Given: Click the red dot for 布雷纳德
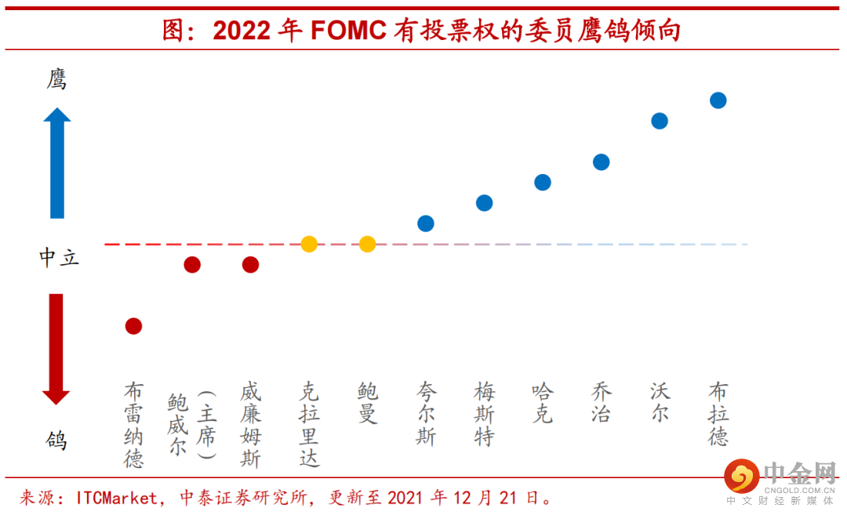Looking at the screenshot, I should [133, 326].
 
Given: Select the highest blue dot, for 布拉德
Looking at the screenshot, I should [718, 100].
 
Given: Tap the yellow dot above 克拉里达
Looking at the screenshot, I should [309, 244].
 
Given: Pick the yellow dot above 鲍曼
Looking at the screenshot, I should [367, 244].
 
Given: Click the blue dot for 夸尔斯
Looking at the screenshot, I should [426, 223].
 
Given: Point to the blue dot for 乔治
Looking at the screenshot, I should [601, 162].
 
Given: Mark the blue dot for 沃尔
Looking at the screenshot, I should [660, 121].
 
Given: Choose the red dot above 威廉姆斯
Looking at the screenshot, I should [250, 265].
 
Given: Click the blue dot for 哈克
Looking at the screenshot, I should [543, 183].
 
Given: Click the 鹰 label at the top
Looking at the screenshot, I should [56, 79].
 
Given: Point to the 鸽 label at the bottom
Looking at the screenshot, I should [56, 441].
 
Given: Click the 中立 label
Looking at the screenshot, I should [60, 257].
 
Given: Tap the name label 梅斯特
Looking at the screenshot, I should [485, 414].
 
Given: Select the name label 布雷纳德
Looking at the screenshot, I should [134, 425].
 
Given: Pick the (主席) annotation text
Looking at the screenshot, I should [207, 424].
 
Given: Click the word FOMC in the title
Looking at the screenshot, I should [348, 31].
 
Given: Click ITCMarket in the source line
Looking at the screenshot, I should [118, 499].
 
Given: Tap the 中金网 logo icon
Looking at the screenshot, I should [740, 476].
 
